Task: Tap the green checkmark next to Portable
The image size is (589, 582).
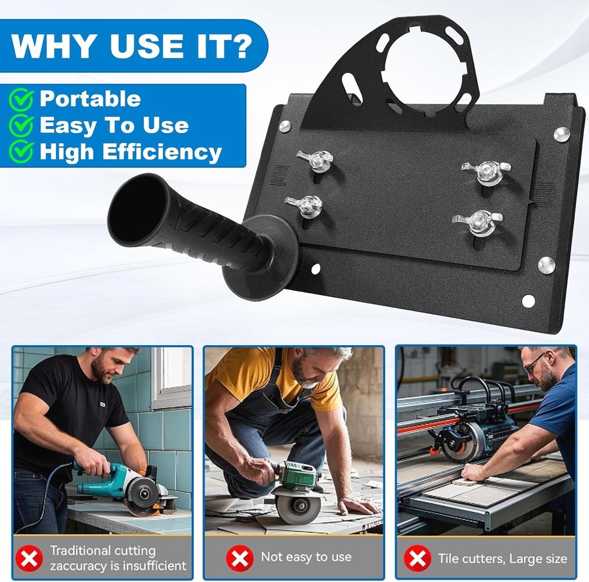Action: click(x=21, y=100)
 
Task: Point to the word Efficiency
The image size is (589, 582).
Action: click(x=162, y=152)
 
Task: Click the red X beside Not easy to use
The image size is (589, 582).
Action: click(x=240, y=558)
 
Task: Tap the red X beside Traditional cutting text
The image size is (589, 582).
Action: click(x=29, y=558)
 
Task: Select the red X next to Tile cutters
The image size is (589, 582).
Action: click(x=418, y=558)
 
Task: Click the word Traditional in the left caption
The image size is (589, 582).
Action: click(x=80, y=550)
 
